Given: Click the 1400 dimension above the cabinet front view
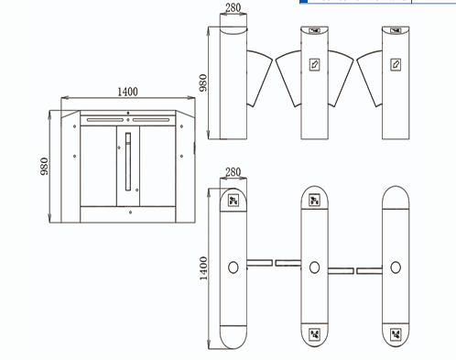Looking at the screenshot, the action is click(127, 92).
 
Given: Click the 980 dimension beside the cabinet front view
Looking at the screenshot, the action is click(44, 166).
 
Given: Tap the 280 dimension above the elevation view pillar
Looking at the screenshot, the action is click(233, 7).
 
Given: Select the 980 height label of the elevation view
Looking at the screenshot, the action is click(203, 82).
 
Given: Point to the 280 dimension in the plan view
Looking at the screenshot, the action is click(233, 172).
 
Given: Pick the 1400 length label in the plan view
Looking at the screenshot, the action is click(203, 268).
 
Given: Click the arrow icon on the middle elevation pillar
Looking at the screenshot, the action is click(314, 65).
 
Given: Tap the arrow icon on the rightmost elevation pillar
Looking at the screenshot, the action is click(396, 65).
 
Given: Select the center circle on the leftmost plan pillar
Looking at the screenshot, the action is click(233, 267).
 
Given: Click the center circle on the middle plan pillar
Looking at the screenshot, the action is click(314, 267).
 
